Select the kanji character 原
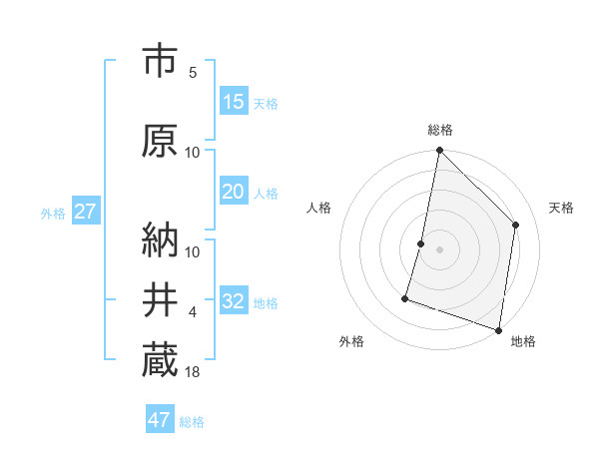click(160, 141)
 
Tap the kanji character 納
click(160, 238)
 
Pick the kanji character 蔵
click(160, 360)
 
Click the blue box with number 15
click(233, 102)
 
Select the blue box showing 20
click(233, 193)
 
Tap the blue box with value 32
click(233, 301)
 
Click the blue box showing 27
click(85, 212)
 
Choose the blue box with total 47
click(160, 420)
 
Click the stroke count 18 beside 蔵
click(193, 373)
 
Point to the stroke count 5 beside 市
click(192, 73)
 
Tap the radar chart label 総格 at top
click(439, 130)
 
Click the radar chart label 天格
click(561, 208)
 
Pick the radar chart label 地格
click(523, 342)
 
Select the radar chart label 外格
click(351, 342)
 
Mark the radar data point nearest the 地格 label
click(498, 329)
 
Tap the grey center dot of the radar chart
click(439, 249)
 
